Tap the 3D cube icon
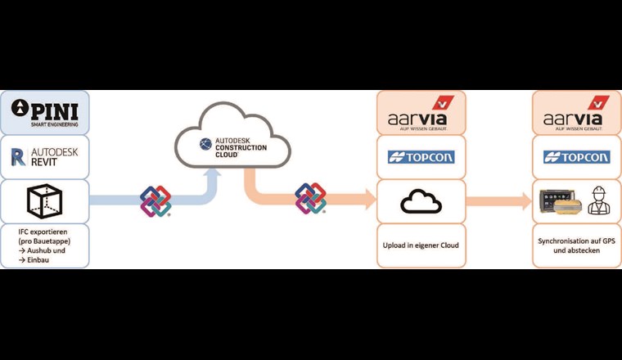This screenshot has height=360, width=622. click(x=46, y=200)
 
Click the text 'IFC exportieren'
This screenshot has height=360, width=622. click(x=45, y=234)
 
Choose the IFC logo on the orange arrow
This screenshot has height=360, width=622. click(x=310, y=198)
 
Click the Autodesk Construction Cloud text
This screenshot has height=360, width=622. click(x=240, y=146)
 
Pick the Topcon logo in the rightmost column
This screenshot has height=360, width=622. click(x=576, y=157)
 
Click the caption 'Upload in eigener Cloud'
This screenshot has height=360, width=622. click(x=421, y=245)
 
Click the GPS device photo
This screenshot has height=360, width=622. click(x=561, y=202)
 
